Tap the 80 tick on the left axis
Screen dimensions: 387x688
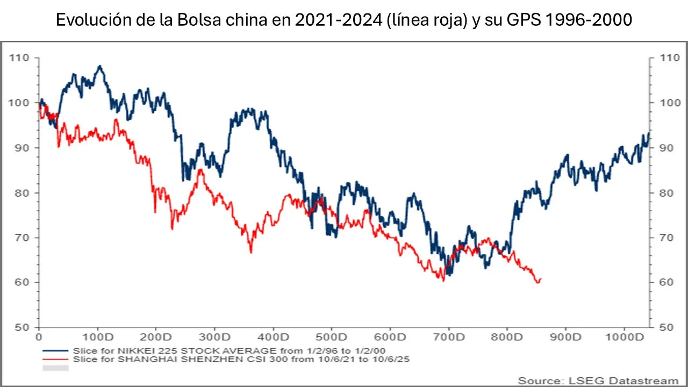tap(21, 192)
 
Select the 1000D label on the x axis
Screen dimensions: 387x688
tap(627, 339)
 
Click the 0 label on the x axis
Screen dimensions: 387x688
tap(39, 339)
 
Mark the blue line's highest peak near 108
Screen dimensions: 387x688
tap(99, 66)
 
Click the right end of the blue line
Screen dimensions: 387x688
tap(649, 132)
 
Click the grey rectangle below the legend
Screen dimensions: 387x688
tap(55, 368)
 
